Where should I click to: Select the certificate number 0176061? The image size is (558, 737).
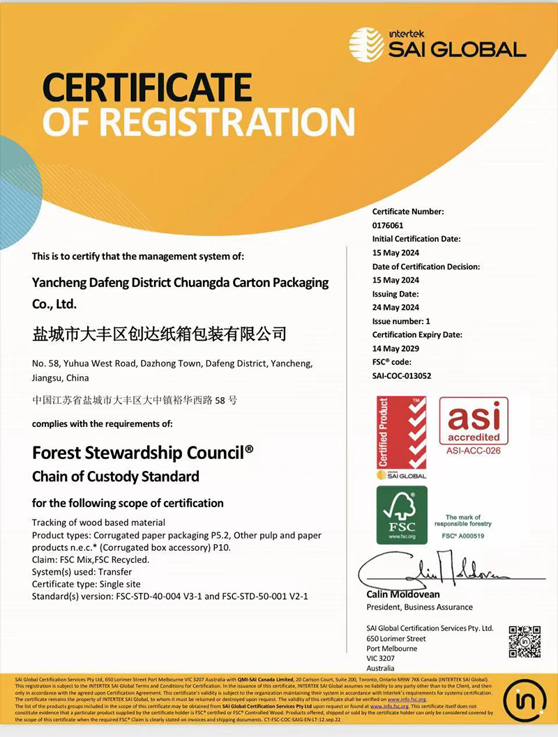388,226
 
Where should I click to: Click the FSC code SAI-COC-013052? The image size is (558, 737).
402,375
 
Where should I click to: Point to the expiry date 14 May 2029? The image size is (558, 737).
395,348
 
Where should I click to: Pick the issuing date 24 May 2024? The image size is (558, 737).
395,307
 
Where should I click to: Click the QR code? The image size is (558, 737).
525,642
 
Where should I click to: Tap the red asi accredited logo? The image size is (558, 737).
474,420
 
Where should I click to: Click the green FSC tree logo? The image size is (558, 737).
402,515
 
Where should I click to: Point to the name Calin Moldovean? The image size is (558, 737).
402,594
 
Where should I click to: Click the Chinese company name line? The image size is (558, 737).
160,334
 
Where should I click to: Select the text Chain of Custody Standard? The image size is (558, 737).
116,476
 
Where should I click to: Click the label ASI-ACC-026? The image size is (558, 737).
474,451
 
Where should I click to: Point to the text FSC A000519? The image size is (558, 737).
463,535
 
